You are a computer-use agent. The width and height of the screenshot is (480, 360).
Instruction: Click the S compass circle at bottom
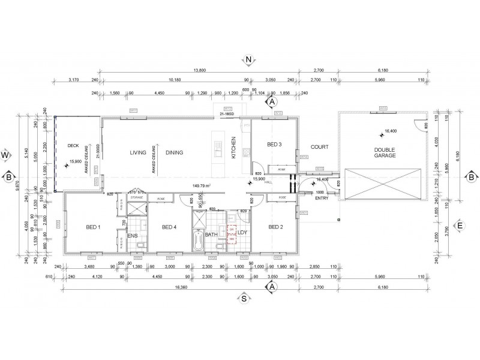(x=245, y=297)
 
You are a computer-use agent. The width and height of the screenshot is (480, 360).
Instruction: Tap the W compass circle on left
(x=5, y=155)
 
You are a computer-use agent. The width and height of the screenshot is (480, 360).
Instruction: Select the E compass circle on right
(x=460, y=226)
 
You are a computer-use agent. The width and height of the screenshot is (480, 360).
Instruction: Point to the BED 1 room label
(x=93, y=227)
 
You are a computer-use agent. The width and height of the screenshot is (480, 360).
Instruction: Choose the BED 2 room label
(x=275, y=227)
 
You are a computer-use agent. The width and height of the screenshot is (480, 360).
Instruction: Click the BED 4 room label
(x=169, y=227)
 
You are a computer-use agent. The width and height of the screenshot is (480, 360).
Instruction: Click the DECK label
(x=73, y=145)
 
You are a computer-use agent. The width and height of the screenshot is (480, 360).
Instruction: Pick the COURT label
(x=318, y=146)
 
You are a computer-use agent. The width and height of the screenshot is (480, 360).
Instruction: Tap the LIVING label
(x=138, y=152)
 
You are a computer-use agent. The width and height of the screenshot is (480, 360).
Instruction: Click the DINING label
(x=174, y=152)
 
